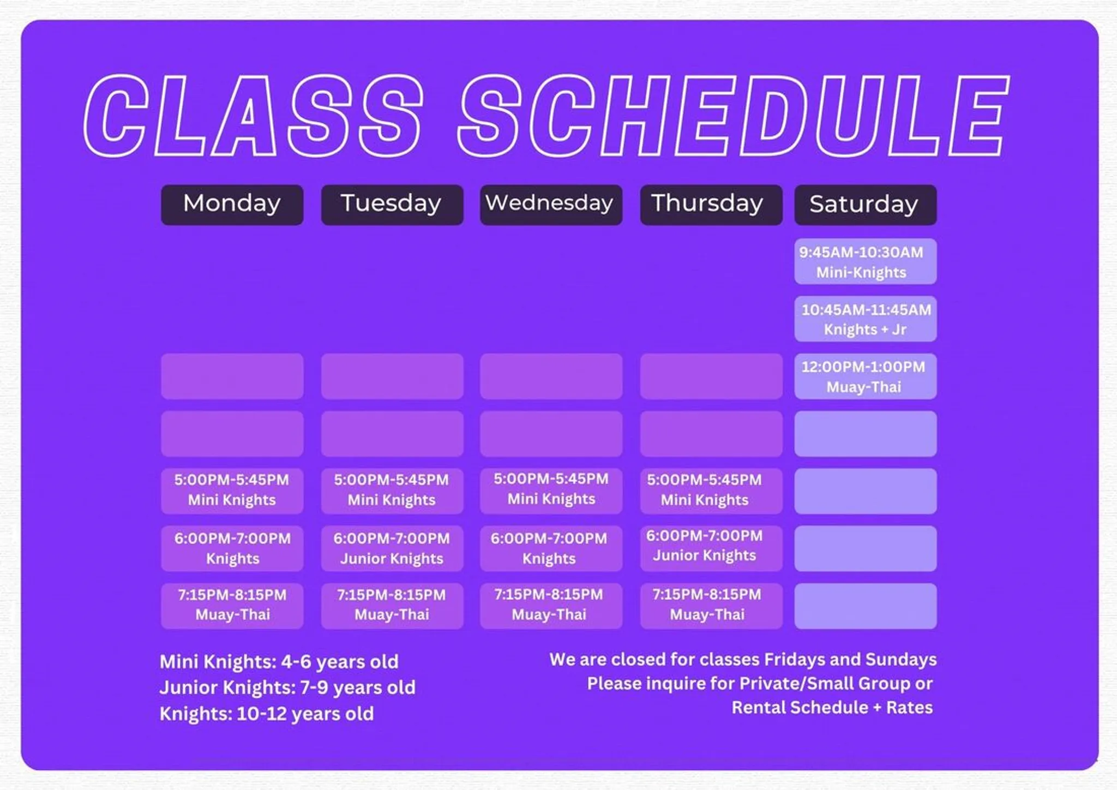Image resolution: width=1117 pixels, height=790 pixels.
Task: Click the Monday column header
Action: (x=232, y=205)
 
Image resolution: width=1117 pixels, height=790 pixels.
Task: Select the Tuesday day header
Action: (x=392, y=205)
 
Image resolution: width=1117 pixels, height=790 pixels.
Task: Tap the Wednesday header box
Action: (x=550, y=205)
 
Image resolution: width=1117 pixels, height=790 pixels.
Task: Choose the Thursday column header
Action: (x=711, y=205)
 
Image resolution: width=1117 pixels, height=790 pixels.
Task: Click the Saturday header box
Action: (x=865, y=205)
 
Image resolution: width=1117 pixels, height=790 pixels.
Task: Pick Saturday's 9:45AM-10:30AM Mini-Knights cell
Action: (x=865, y=261)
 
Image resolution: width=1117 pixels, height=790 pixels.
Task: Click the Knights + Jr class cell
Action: (x=865, y=319)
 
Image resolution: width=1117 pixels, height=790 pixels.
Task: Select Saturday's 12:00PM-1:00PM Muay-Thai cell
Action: (x=865, y=376)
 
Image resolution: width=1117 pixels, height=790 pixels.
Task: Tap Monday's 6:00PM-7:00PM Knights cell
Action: (x=232, y=548)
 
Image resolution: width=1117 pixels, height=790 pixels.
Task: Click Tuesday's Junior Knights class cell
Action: (x=392, y=548)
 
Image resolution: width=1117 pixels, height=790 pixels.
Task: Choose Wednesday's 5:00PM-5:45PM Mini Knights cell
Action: (x=550, y=490)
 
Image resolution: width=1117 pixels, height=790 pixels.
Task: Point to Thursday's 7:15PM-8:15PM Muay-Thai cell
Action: (x=711, y=606)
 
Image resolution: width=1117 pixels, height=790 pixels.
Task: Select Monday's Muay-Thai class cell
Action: (x=232, y=606)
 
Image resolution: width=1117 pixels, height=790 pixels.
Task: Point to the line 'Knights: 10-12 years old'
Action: (x=266, y=714)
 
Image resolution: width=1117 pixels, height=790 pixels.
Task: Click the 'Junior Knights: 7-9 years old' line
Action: (x=287, y=687)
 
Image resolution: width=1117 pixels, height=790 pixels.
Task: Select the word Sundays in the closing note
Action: (x=900, y=660)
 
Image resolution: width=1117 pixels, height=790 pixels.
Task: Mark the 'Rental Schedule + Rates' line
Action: (x=831, y=708)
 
